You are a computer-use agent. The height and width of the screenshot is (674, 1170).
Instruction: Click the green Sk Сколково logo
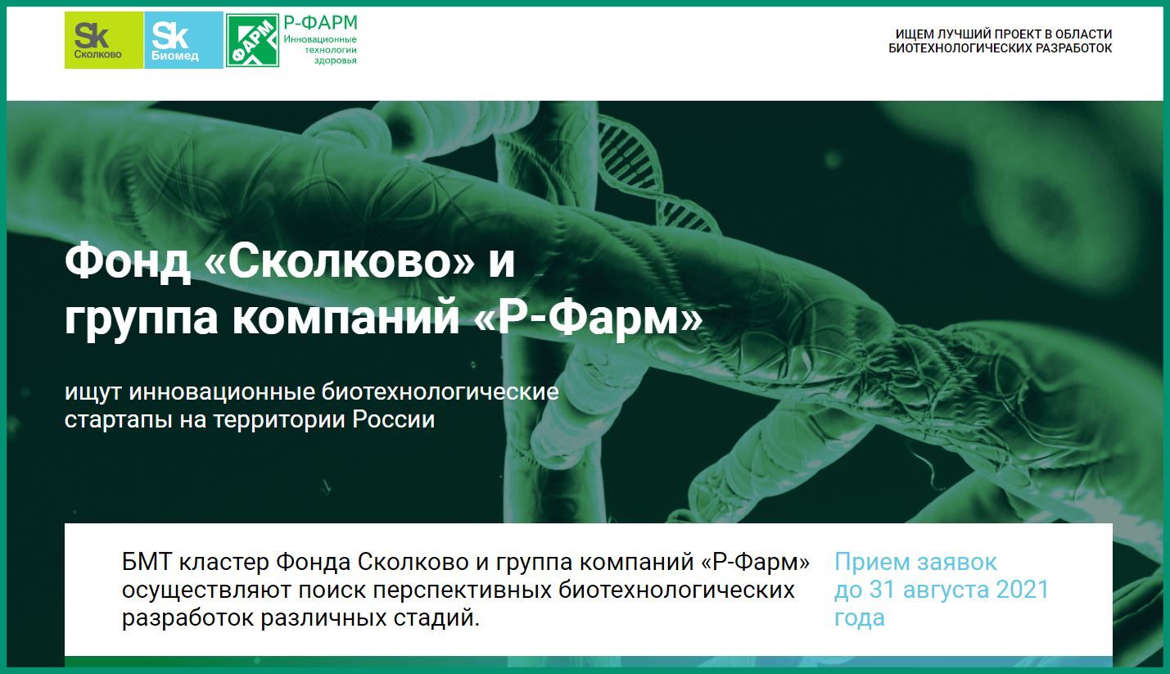(103, 40)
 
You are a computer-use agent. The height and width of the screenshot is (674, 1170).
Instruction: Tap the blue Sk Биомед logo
(183, 40)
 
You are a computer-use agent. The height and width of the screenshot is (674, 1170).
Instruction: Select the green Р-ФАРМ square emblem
(251, 40)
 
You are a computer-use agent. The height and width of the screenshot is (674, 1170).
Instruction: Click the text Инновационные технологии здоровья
(320, 50)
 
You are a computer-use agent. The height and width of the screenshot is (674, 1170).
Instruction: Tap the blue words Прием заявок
(915, 563)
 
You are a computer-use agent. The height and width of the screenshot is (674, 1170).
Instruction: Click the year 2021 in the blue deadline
(1019, 590)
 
